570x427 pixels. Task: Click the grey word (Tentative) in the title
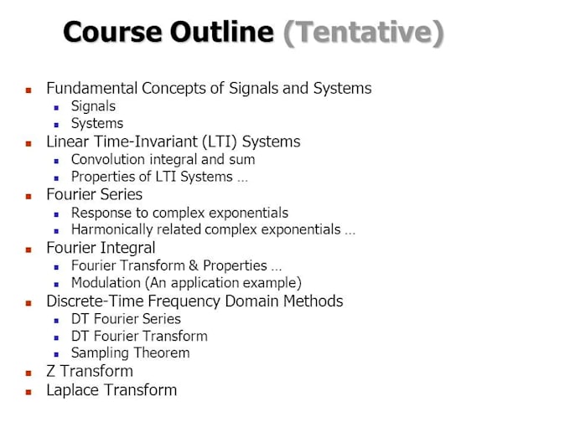tap(364, 33)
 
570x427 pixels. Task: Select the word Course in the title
tap(112, 32)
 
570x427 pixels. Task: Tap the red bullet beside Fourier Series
tap(28, 197)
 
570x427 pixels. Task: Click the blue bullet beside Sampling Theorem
tap(56, 354)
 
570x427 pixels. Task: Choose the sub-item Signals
tap(93, 106)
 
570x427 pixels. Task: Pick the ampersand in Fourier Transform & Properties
tap(194, 265)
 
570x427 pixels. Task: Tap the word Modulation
tap(106, 282)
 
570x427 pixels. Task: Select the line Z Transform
tap(90, 371)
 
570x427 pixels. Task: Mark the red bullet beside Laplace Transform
tap(28, 392)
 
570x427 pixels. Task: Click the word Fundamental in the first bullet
tap(91, 88)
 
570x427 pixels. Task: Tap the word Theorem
tap(162, 352)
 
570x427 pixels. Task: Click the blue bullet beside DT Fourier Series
tap(56, 321)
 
